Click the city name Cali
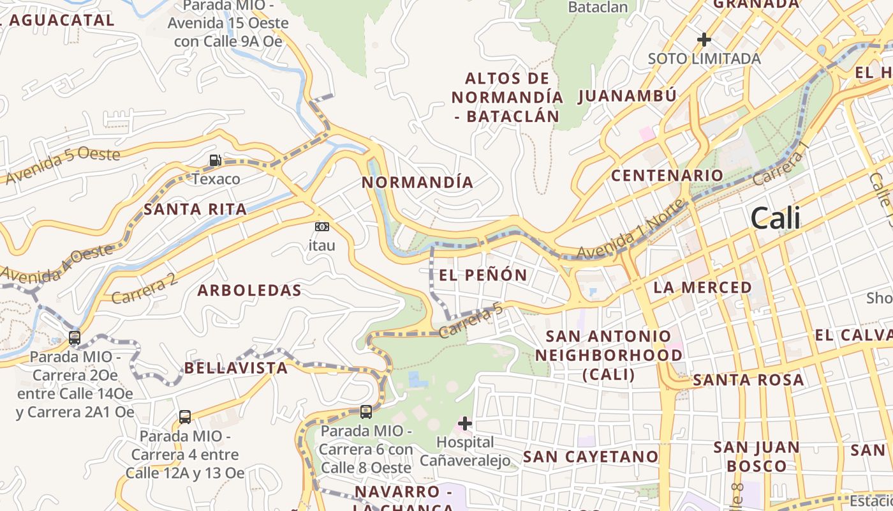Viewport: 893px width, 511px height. coord(775,219)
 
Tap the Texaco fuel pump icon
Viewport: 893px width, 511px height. coord(216,160)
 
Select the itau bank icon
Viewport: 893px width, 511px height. coord(322,227)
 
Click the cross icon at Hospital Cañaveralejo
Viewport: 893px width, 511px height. coord(465,423)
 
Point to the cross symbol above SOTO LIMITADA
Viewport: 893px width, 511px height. coord(704,40)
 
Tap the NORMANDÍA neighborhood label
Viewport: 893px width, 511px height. coord(418,183)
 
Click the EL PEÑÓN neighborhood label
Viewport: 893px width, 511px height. coord(483,275)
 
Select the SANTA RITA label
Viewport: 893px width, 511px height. coord(195,210)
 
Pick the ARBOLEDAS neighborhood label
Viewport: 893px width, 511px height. coord(249,291)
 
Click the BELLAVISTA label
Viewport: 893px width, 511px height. coord(236,368)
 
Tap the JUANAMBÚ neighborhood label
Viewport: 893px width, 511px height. coord(627,96)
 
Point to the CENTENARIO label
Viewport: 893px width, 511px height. coord(667,176)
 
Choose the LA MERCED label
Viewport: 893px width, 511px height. coord(703,287)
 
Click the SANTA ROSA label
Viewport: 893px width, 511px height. coord(748,380)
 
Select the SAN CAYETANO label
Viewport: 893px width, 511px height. coord(591,457)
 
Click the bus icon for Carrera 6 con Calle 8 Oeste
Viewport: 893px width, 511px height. coord(366,412)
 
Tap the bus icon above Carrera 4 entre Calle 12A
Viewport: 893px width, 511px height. coord(185,417)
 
